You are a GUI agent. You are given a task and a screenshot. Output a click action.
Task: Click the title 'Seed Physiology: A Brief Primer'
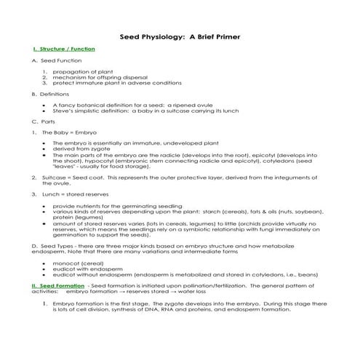[x=180, y=36]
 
